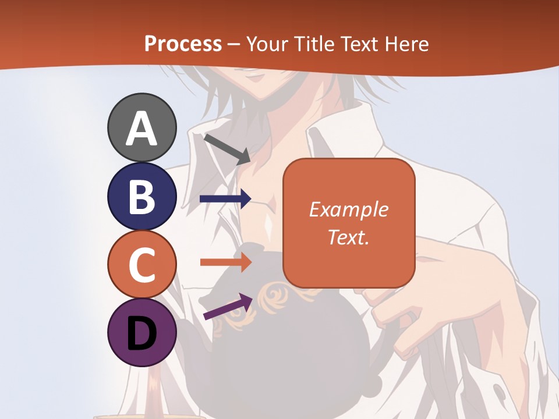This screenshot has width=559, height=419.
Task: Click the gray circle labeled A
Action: (141, 128)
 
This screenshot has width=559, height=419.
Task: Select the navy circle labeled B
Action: (141, 196)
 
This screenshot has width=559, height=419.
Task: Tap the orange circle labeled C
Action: (141, 265)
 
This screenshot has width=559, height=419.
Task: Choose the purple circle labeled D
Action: (141, 333)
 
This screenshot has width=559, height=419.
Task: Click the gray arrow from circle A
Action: (227, 149)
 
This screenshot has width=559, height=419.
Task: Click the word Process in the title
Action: (183, 44)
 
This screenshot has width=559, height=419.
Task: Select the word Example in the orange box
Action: (349, 210)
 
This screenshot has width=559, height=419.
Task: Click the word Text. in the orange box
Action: (349, 237)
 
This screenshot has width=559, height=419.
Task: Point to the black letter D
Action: (141, 335)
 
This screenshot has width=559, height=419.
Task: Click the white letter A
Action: (141, 129)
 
